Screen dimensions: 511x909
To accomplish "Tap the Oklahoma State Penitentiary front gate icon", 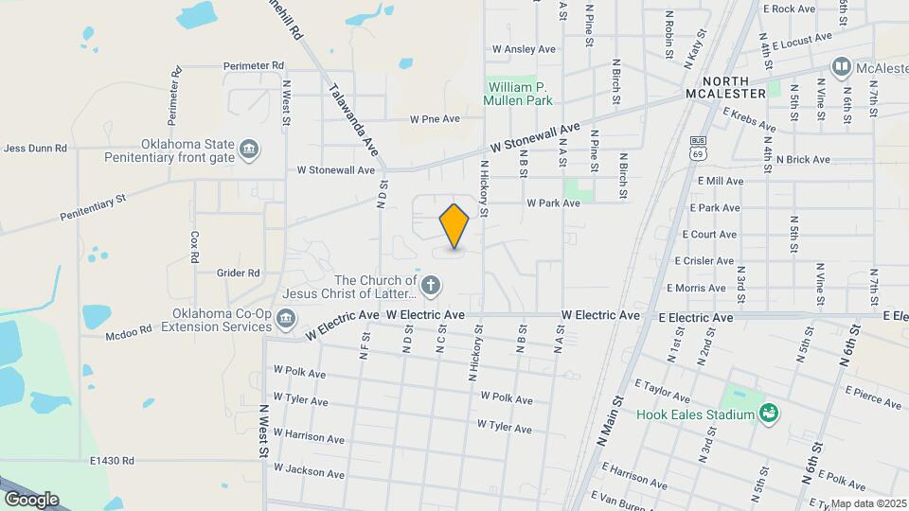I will click(249, 149).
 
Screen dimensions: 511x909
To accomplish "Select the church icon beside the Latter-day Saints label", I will click(431, 285).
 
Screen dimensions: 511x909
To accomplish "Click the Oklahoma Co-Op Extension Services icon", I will click(285, 320).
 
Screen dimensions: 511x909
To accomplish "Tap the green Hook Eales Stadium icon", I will click(769, 414).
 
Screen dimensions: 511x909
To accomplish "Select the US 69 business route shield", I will click(699, 147).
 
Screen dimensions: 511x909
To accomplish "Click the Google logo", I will click(31, 499).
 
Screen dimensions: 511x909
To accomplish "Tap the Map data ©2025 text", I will click(867, 503).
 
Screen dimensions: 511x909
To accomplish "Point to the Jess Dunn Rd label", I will click(35, 148).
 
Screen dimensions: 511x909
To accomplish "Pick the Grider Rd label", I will click(238, 273).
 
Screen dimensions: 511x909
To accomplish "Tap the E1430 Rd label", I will click(112, 461).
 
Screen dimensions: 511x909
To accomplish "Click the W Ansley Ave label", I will click(524, 49).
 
